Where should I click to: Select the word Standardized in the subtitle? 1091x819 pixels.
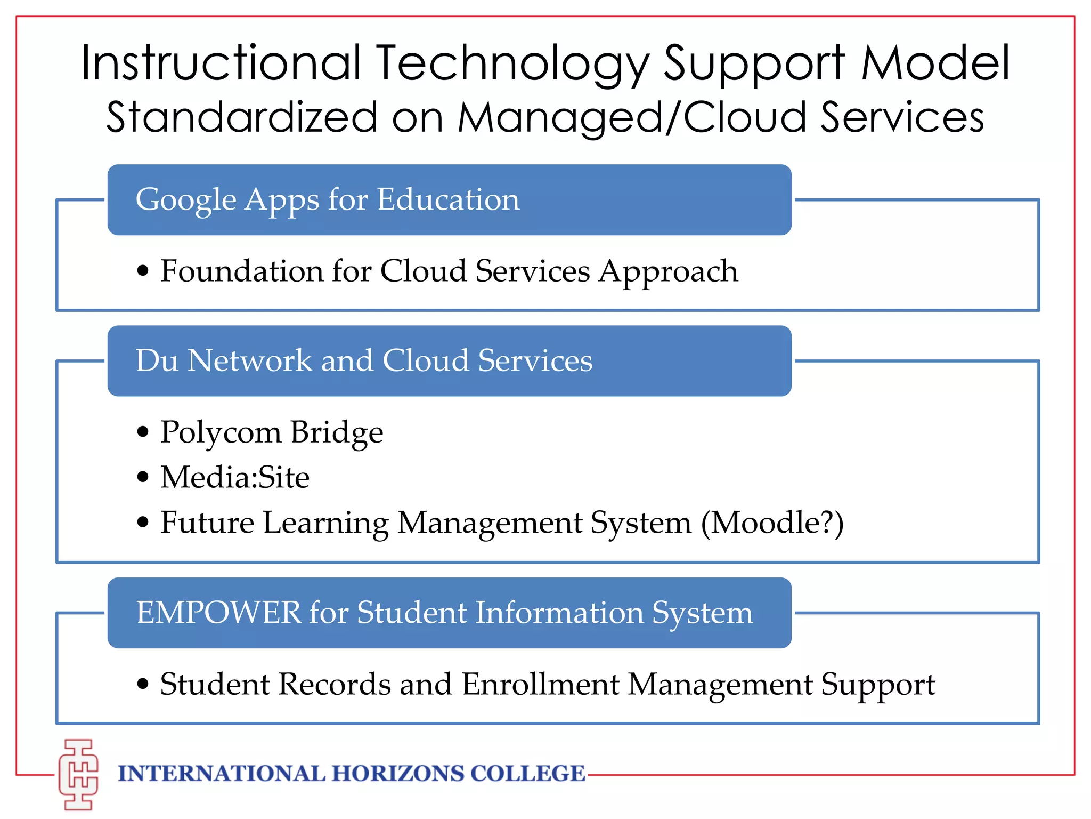(242, 117)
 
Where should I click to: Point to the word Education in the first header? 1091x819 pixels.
(448, 199)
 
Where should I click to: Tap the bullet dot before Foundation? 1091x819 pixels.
(142, 270)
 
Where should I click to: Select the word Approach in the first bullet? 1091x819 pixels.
(669, 271)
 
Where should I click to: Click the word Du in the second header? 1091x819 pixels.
(157, 360)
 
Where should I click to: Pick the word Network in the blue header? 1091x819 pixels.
(250, 360)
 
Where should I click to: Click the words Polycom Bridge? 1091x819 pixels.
(272, 432)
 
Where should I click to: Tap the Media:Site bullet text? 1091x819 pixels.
(235, 477)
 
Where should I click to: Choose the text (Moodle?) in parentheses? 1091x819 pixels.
(772, 523)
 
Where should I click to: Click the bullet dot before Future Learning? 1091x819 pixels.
(142, 522)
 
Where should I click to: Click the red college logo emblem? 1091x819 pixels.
(79, 774)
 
